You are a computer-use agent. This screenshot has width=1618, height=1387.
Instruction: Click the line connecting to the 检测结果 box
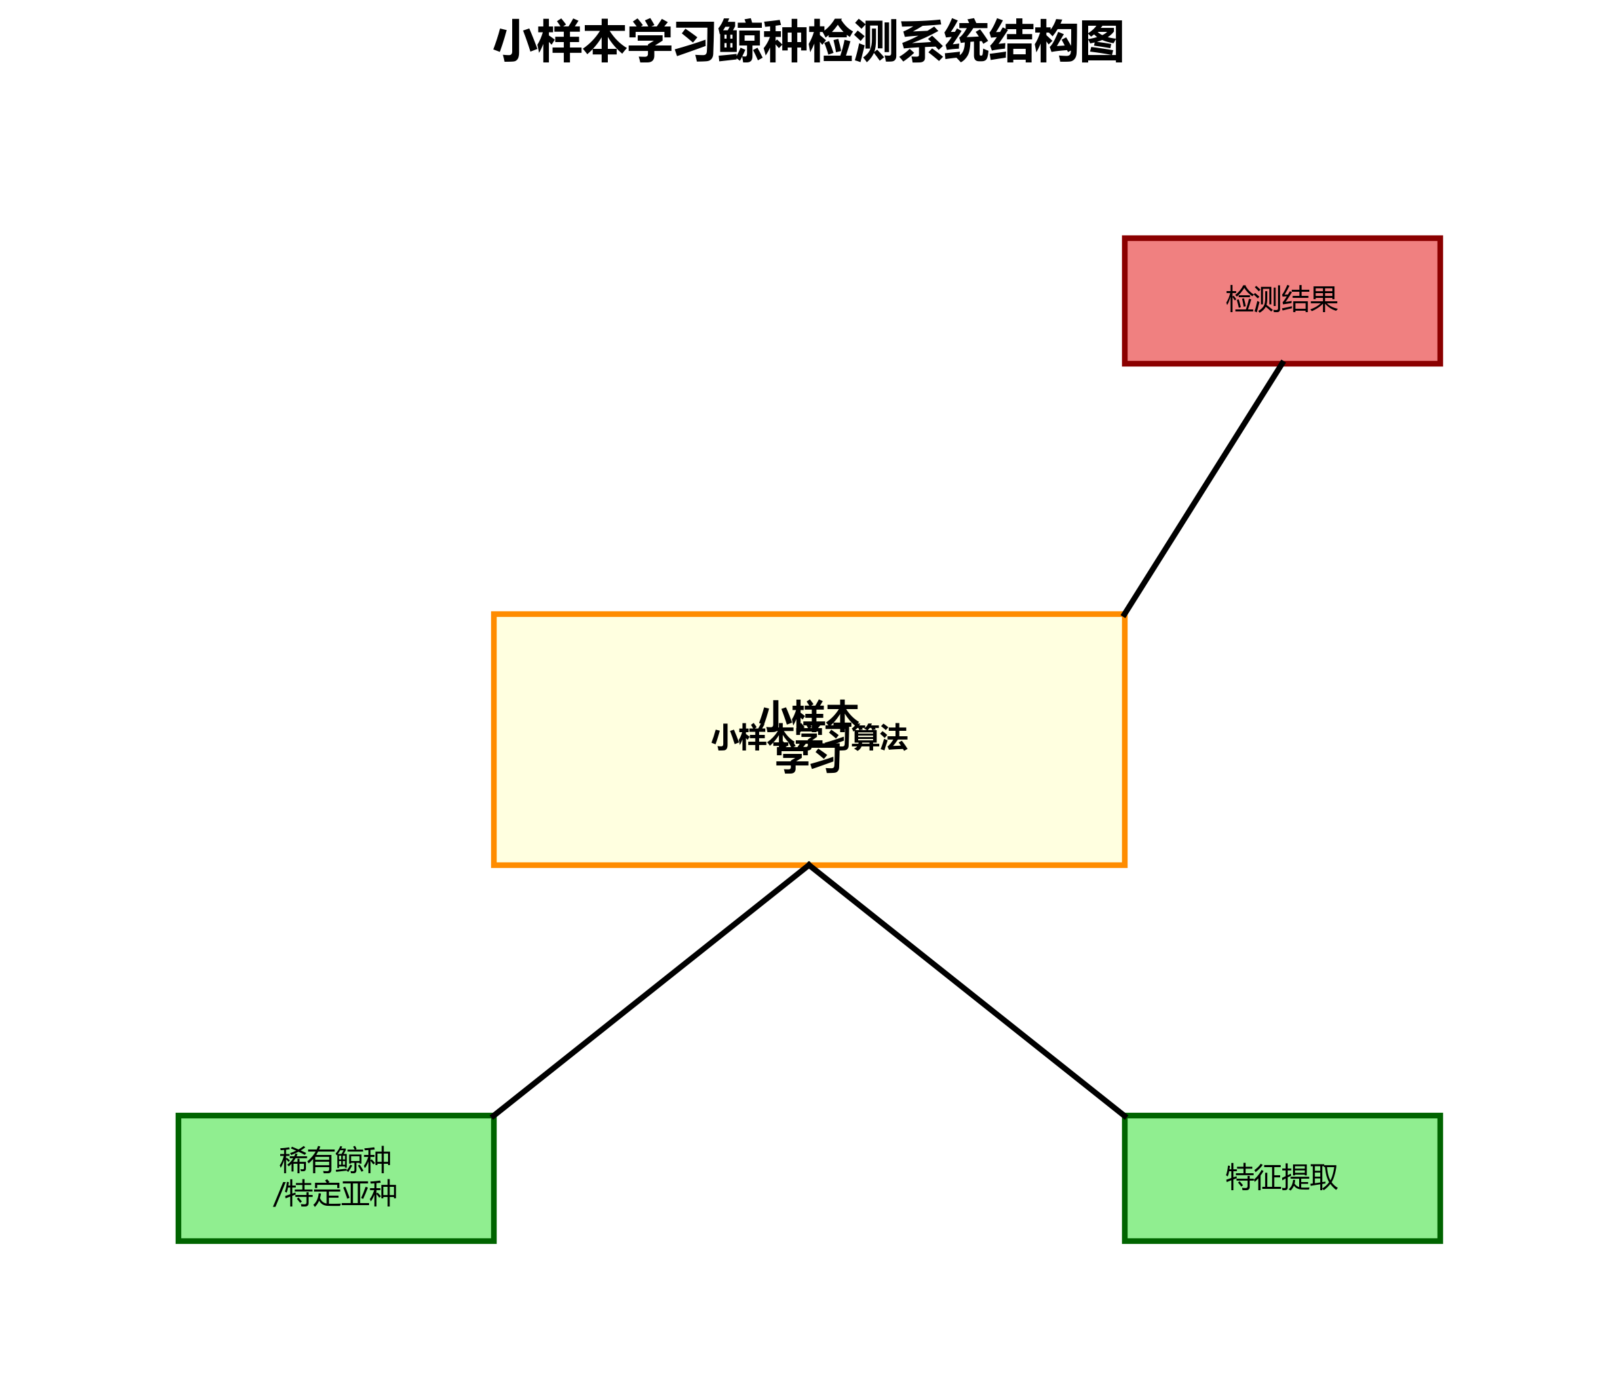1203,489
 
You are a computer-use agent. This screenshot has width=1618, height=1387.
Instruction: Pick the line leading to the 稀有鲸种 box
651,990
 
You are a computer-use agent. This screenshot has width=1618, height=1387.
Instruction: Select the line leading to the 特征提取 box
967,990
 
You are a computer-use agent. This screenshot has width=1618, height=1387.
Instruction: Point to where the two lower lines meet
809,865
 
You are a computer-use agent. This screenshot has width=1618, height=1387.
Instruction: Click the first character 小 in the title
516,42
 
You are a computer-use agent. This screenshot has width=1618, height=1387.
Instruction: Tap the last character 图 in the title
1101,42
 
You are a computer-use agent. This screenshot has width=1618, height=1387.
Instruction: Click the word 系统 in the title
944,42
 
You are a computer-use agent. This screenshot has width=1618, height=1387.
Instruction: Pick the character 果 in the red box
1324,299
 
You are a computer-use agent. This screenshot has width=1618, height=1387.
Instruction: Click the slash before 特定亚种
278,1194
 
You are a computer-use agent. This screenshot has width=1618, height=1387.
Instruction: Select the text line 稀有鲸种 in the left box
336,1160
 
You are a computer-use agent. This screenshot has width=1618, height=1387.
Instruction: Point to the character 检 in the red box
1240,299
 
